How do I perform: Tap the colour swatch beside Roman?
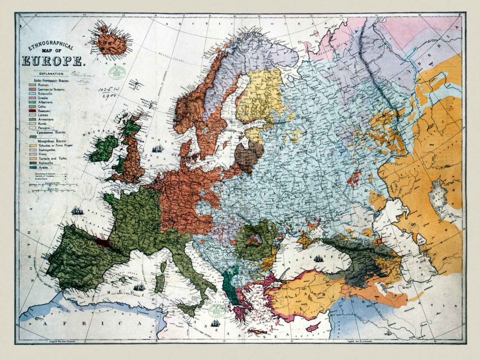pos(32,85)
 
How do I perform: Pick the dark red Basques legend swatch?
pos(32,111)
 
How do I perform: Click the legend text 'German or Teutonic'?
pos(52,89)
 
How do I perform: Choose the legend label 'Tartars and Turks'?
pos(52,158)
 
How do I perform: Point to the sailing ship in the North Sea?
pos(157,149)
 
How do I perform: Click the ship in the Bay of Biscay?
pos(76,210)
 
